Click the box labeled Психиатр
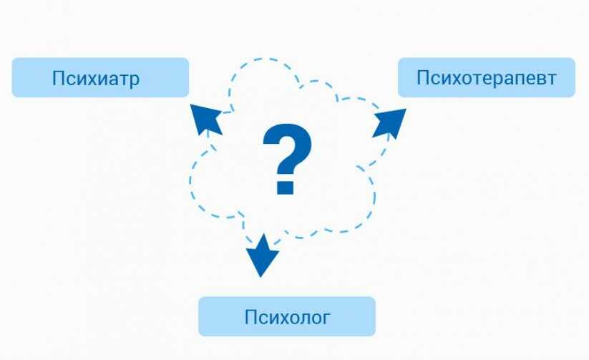100,77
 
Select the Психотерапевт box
487,77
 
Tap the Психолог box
286,316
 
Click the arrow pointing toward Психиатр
206,119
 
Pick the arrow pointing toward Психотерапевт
389,122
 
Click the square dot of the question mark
285,187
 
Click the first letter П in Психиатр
58,78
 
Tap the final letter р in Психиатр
135,81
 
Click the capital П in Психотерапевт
423,77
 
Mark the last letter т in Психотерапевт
551,79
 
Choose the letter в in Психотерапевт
541,79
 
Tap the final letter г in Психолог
326,319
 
